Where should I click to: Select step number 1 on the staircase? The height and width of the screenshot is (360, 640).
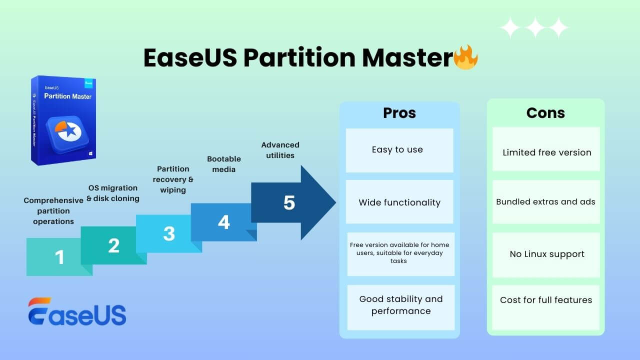pos(59,257)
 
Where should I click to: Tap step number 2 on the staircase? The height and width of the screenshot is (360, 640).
pos(113,245)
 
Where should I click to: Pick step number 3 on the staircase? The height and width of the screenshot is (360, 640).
pos(169,233)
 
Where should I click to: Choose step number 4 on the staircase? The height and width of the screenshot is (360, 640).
pos(223,222)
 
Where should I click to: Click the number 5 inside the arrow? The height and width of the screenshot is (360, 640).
pos(289,202)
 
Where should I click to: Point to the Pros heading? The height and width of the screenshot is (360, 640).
pos(399,113)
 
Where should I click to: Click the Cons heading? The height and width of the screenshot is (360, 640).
pos(545,113)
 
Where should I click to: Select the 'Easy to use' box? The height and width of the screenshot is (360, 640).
pos(399,150)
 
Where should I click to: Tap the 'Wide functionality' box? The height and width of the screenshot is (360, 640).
pos(399,202)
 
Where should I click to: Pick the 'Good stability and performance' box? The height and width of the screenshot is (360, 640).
pos(400,305)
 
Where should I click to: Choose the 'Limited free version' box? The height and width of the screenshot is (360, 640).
pos(546,152)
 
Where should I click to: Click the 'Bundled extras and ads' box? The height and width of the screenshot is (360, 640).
pos(545,202)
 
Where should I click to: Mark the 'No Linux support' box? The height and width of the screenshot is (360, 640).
pos(546,254)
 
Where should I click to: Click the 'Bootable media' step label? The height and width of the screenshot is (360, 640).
pos(224,164)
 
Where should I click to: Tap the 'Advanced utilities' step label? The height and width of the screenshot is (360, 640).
pos(280,150)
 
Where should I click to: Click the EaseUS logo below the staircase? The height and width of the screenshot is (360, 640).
pos(77,311)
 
